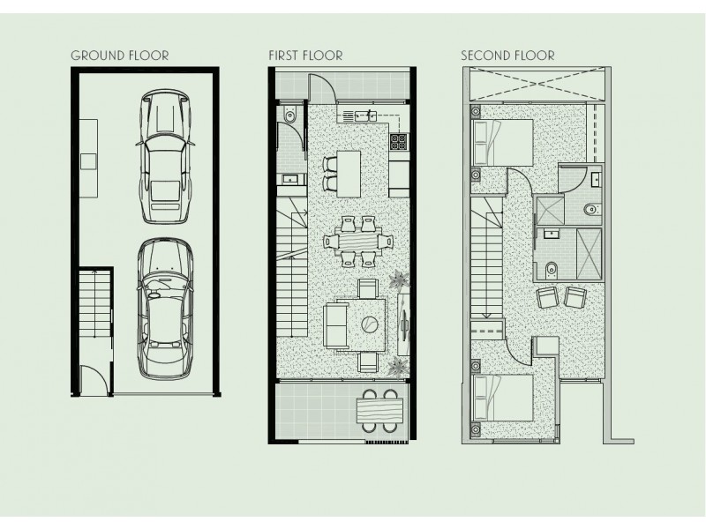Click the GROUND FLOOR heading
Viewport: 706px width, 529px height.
click(x=119, y=56)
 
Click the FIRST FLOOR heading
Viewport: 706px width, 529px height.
click(x=305, y=56)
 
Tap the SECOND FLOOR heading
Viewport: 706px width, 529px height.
click(x=507, y=56)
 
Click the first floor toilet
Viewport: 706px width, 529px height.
click(x=289, y=115)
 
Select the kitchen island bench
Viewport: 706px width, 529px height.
click(x=350, y=173)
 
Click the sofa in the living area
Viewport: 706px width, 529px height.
click(x=336, y=324)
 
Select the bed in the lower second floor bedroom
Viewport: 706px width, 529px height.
click(x=504, y=401)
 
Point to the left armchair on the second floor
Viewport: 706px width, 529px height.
click(x=548, y=297)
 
